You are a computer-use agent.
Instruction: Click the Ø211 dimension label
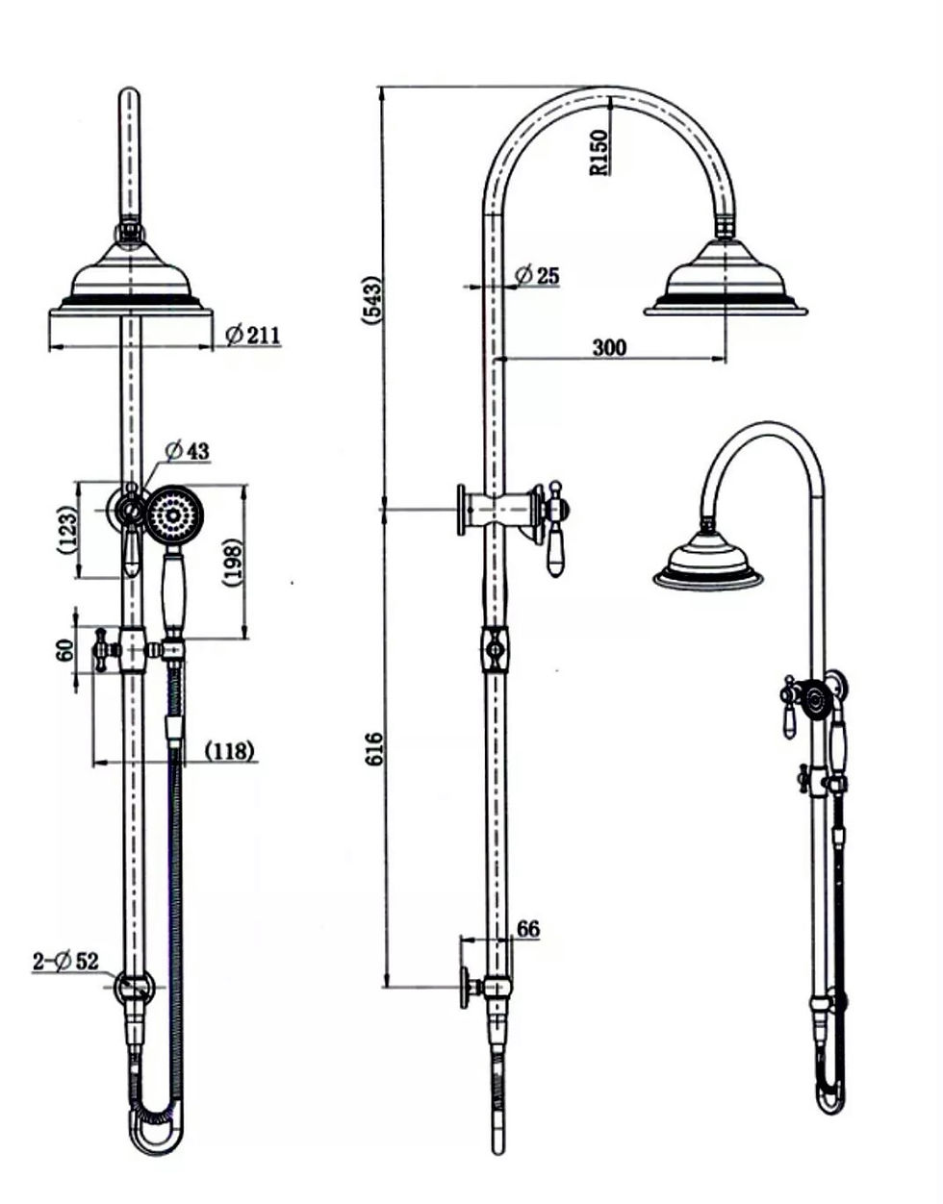(252, 335)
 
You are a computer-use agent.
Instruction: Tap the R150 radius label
(599, 153)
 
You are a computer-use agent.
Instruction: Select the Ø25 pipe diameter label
(537, 276)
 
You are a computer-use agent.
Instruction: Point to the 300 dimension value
(608, 347)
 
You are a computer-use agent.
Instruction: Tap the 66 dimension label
(528, 929)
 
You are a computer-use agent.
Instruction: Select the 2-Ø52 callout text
(65, 960)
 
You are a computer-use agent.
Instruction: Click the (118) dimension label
(231, 750)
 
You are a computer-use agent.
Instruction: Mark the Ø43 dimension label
(187, 450)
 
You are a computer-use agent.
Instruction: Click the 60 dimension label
(65, 650)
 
